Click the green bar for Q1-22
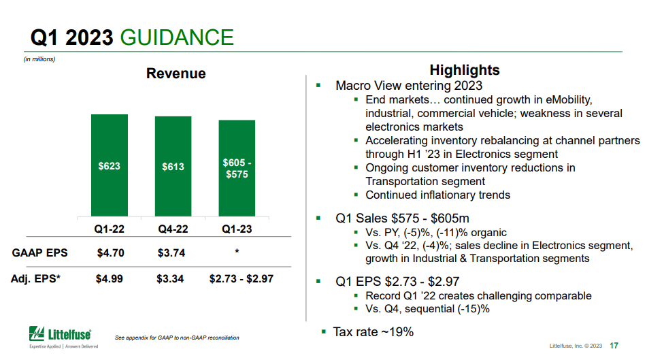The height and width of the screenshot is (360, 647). click(x=110, y=165)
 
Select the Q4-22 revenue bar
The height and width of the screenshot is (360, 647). click(x=173, y=166)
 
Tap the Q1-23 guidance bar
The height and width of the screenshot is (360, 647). click(x=237, y=168)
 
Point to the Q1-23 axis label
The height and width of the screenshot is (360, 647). click(x=237, y=229)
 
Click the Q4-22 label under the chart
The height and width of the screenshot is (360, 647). click(x=173, y=229)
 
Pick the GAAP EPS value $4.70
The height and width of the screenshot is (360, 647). click(x=111, y=252)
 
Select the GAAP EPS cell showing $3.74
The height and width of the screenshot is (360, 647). click(x=171, y=252)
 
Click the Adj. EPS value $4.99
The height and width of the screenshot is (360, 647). click(x=110, y=278)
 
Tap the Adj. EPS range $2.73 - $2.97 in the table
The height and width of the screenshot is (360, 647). click(x=242, y=278)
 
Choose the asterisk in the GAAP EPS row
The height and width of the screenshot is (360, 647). click(x=237, y=250)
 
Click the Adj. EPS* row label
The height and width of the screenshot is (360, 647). click(x=35, y=278)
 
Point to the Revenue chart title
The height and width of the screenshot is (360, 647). click(x=176, y=73)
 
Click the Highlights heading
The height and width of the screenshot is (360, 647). click(x=465, y=70)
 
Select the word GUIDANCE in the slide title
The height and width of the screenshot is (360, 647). click(x=177, y=37)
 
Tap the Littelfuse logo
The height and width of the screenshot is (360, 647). click(x=63, y=336)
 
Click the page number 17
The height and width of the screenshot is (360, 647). click(x=614, y=346)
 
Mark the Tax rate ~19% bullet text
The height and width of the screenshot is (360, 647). click(x=373, y=332)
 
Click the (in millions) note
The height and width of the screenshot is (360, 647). click(x=39, y=59)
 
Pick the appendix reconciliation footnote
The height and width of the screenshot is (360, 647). click(x=177, y=338)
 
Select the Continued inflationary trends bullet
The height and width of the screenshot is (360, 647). click(x=438, y=195)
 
